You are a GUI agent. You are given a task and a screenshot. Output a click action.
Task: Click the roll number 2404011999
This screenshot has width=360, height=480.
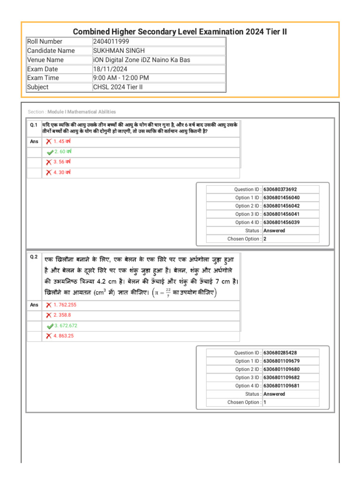(110, 42)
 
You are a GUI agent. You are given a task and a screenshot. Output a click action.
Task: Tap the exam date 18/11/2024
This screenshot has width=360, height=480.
(110, 69)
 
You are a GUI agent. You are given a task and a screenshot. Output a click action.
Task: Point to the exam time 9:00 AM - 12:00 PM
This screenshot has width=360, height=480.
(121, 78)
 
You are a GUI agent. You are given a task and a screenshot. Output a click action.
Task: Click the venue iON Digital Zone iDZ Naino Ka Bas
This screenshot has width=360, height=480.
(142, 60)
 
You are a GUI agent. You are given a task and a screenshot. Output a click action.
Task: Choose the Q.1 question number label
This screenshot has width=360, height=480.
(33, 125)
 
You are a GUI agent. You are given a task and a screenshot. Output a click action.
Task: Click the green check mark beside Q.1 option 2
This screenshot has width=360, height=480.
(50, 152)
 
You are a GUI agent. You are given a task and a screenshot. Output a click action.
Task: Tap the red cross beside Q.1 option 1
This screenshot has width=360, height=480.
(49, 142)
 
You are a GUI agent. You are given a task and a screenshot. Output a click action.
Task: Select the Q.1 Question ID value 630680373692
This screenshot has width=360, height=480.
(280, 189)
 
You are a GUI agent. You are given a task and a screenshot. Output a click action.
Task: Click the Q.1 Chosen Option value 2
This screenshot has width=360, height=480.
(265, 239)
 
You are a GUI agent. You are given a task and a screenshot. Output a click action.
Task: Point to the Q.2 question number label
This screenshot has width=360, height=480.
(33, 257)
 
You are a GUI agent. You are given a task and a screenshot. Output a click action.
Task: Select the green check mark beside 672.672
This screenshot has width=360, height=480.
(50, 326)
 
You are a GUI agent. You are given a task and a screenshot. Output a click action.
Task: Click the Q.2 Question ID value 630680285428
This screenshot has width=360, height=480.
(280, 353)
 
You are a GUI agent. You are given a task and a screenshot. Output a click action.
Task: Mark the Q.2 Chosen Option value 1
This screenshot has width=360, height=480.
(265, 402)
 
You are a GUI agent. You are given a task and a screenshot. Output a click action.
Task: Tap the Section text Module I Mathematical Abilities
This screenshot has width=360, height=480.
(82, 112)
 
